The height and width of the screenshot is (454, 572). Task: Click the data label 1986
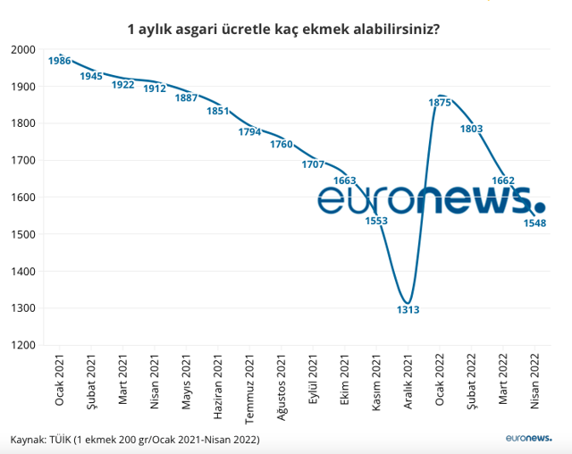(60, 61)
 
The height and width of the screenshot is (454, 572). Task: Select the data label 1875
(440, 103)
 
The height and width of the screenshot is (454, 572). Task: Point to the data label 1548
(534, 223)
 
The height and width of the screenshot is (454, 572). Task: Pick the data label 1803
(471, 129)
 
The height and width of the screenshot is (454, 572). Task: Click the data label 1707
(313, 164)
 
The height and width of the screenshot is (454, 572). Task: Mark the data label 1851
(218, 112)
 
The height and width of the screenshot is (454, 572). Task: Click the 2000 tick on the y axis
(24, 50)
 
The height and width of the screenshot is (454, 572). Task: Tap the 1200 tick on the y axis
(24, 345)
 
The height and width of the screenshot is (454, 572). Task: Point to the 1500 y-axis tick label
(24, 234)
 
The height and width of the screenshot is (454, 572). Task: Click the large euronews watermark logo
(430, 202)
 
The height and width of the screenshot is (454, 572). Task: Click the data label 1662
(503, 181)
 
